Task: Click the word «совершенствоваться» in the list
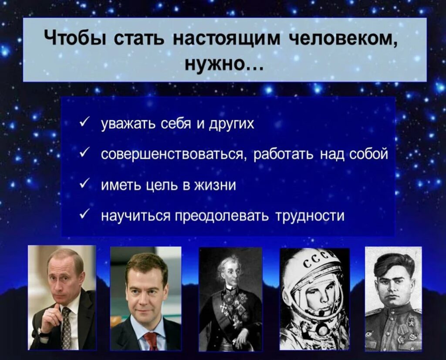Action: (173, 155)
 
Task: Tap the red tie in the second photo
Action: (151, 341)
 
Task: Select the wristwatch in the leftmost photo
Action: (43, 333)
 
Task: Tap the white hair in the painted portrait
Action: (227, 262)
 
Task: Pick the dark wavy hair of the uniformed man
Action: (394, 265)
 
